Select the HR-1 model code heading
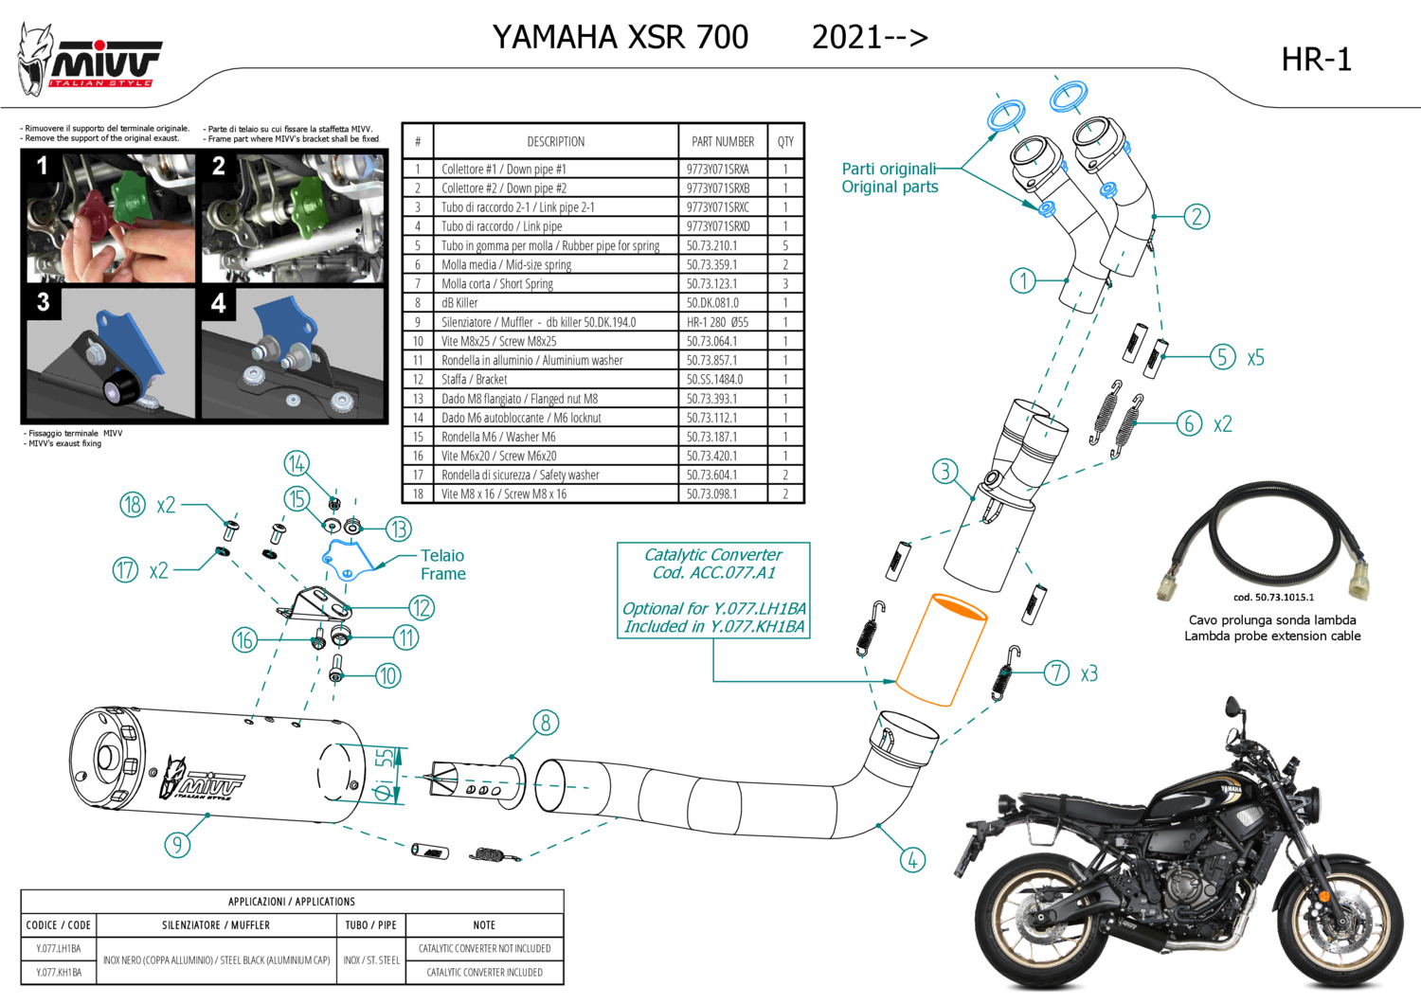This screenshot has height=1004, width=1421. point(1316,60)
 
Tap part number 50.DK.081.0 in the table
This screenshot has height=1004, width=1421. point(712,303)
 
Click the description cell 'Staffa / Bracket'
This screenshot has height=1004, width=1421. point(474,380)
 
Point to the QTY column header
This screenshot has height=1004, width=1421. point(785,142)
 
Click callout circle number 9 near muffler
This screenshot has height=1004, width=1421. point(177,844)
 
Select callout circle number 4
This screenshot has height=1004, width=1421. point(912,860)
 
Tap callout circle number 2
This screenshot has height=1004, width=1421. point(1196,217)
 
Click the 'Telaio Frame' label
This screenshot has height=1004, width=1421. point(442,565)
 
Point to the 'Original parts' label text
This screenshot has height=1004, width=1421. point(890,188)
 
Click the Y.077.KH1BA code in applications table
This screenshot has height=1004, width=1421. point(59,972)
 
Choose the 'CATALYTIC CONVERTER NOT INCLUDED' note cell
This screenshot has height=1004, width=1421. point(484,948)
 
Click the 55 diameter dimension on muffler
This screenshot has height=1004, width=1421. point(384,757)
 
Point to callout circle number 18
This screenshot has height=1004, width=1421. point(133,505)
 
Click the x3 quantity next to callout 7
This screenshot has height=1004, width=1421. point(1088,673)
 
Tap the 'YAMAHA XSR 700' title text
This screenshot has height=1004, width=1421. point(621,37)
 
